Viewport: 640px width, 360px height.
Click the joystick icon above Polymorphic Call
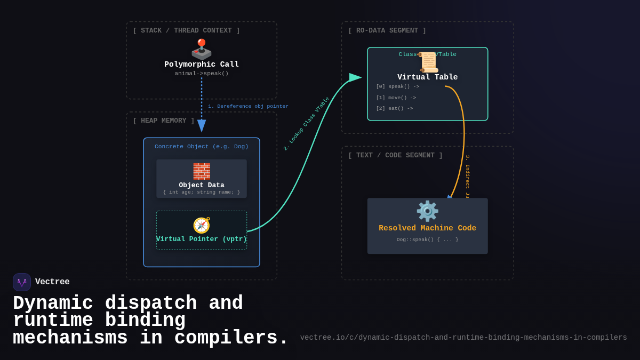[202, 49]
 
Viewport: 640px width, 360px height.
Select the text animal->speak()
[202, 74]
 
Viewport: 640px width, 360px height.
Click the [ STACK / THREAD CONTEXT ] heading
[186, 31]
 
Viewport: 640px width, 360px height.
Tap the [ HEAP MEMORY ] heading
[164, 121]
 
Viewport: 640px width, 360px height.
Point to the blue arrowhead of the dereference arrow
[202, 126]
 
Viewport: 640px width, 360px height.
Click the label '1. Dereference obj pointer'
[248, 106]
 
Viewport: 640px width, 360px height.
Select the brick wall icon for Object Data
[202, 171]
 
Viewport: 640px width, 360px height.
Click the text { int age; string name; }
[202, 193]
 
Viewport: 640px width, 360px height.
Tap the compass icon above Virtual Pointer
[202, 225]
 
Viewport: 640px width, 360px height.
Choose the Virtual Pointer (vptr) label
[202, 239]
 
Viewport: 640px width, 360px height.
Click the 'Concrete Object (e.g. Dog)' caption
[202, 147]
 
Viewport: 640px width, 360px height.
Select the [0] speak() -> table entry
[397, 87]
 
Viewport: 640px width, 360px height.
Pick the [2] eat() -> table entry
[394, 109]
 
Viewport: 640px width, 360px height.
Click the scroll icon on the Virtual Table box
[428, 62]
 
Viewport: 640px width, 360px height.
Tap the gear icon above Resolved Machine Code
[427, 211]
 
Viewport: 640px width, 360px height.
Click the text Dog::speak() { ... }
[427, 240]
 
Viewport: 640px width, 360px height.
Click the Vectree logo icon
[22, 282]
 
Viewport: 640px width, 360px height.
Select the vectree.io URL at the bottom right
[463, 338]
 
